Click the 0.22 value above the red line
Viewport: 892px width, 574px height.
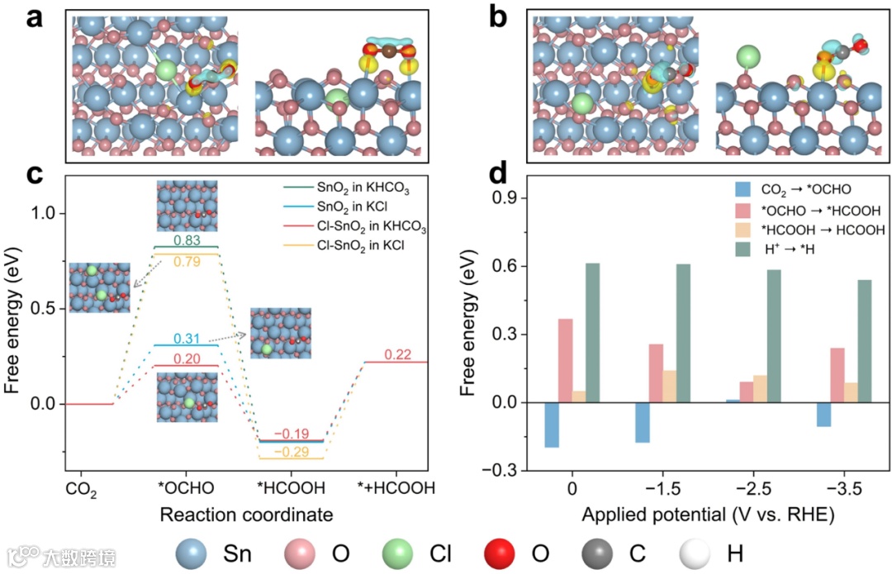coord(398,354)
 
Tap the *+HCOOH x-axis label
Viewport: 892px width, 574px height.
coord(394,487)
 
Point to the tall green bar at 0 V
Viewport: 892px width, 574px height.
coord(592,333)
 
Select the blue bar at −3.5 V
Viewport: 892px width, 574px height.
coord(823,415)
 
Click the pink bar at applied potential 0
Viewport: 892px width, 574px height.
coord(565,361)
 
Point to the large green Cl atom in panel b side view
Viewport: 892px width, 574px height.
coord(747,58)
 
